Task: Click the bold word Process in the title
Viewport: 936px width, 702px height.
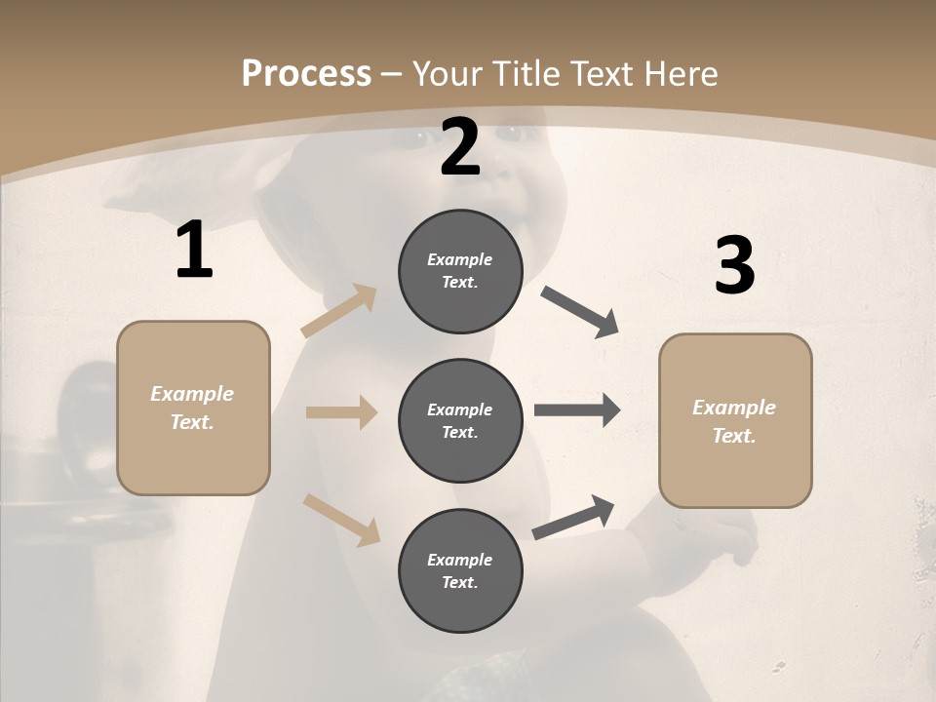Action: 306,74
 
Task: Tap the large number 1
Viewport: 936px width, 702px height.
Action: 194,251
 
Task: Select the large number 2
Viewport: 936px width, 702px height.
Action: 460,147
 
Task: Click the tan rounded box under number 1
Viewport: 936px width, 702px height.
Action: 193,408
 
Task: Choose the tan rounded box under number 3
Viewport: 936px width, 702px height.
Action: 735,420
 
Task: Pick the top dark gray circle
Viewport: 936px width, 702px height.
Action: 460,271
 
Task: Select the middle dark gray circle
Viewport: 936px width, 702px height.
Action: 460,420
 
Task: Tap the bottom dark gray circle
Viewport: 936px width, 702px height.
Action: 460,570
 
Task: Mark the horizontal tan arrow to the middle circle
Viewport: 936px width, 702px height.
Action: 341,412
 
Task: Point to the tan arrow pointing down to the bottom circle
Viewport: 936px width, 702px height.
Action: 341,520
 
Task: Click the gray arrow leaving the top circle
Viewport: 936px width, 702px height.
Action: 580,312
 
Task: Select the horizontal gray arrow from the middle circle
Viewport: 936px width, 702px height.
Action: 577,410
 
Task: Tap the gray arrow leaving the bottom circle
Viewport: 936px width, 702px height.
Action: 574,517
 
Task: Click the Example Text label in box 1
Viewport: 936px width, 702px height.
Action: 192,408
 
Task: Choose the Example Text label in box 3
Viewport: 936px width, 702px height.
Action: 734,421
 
